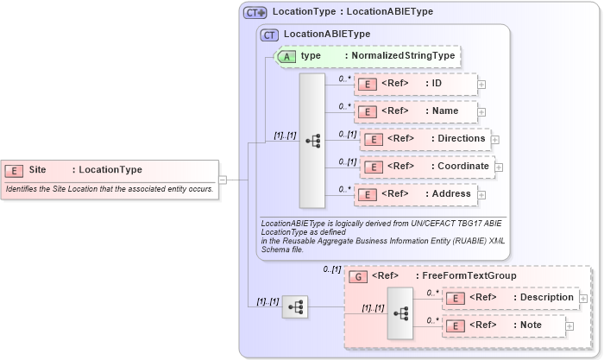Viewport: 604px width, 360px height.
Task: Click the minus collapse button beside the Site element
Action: [223, 180]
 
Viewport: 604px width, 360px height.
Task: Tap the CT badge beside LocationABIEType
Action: [269, 35]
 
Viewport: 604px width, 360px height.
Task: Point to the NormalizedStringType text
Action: [400, 56]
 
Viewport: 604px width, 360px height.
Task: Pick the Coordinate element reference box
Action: [426, 167]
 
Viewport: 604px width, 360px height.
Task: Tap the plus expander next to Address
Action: [481, 195]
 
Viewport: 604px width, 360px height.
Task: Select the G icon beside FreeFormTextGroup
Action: [358, 276]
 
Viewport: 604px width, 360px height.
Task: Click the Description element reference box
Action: [509, 298]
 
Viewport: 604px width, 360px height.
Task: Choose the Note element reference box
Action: [503, 325]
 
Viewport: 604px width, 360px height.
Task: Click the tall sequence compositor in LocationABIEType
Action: [311, 140]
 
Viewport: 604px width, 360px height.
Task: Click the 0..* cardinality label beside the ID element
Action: [345, 78]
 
